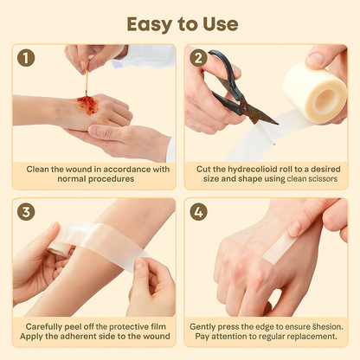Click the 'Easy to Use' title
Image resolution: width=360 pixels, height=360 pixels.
179,22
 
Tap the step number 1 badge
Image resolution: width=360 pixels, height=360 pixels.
27,60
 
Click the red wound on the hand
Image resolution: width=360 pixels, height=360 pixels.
87,105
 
